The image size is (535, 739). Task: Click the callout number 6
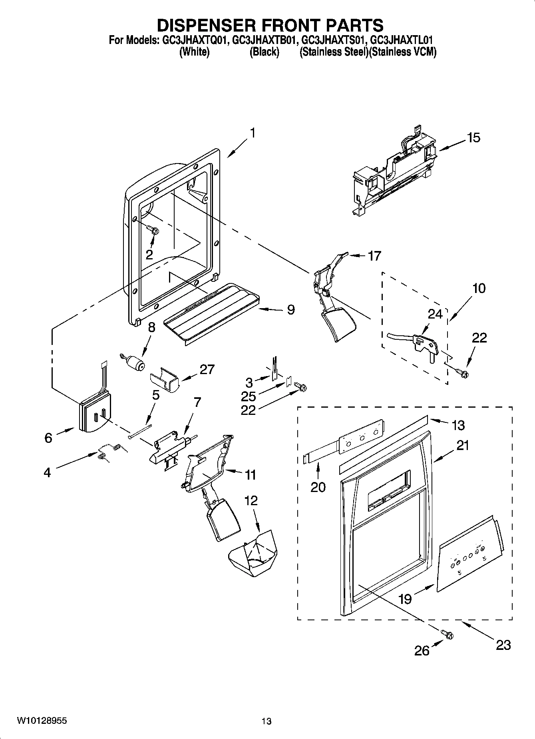point(48,438)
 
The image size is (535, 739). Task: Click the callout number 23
point(503,644)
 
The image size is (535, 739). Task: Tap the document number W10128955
point(42,721)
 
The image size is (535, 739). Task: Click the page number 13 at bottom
point(267,721)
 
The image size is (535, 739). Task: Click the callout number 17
point(374,255)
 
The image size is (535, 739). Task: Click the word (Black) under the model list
point(264,52)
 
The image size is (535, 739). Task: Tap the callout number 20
point(318,487)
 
